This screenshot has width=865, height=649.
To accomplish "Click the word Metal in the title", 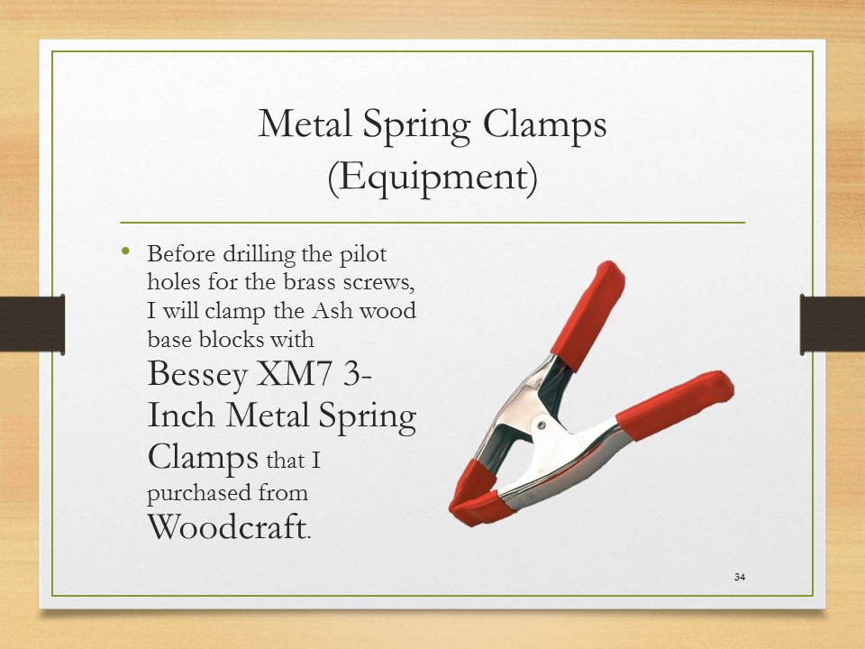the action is pos(305,123).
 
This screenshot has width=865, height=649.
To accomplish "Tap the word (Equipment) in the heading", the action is pos(432,177).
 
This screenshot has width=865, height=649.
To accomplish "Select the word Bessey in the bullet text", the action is pos(197,376).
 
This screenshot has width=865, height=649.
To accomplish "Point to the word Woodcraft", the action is pos(226,526).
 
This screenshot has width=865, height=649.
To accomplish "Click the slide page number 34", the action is pos(740,577).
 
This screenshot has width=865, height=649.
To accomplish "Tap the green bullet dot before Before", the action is pos(126,251).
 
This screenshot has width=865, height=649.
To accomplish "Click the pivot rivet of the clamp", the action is pos(542,425).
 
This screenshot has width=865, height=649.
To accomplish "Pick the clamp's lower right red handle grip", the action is pos(675,405).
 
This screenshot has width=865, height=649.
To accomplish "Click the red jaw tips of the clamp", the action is pos(477,494).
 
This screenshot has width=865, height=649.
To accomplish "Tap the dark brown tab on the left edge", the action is pos(32,324).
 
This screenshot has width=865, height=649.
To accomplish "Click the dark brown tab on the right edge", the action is pos(833,324).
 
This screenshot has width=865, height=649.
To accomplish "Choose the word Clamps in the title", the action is pos(545,125).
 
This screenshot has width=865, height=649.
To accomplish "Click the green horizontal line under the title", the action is pos(432,223).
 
